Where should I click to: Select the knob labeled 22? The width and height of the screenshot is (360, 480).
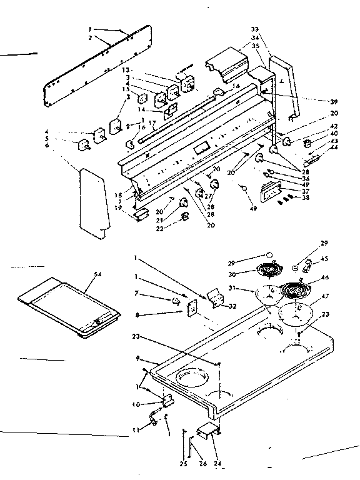(x=185, y=217)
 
